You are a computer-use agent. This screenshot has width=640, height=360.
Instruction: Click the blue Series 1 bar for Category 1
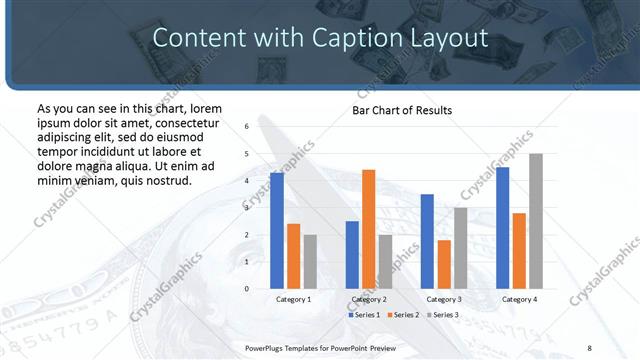pos(277,231)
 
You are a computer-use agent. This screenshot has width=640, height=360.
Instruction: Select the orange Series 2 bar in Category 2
pos(368,229)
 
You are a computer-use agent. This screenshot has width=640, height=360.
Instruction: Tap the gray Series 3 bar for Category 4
pos(536,221)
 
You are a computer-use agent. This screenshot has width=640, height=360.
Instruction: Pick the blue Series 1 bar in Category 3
pos(427,241)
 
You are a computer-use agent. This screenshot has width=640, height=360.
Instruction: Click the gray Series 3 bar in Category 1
pos(310,261)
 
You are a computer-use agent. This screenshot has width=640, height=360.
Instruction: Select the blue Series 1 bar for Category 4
pos(503,228)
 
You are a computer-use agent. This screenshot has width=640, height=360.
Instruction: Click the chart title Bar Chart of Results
pos(402,110)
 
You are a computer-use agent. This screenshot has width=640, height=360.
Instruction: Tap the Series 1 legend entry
pos(364,315)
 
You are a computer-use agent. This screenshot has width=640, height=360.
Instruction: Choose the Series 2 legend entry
pos(402,315)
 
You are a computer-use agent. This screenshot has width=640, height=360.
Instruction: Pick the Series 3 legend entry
pos(441,315)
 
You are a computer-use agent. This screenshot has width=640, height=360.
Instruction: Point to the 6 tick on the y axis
pos(246,127)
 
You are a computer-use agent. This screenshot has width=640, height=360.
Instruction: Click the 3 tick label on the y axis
pos(246,208)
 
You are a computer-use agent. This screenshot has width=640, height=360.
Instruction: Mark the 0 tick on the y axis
pos(246,289)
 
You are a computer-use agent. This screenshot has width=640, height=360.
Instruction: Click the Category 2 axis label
pos(368,299)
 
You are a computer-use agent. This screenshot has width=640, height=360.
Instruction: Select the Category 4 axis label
pos(519,299)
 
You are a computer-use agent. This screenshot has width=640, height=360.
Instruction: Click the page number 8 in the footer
pos(589,347)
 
